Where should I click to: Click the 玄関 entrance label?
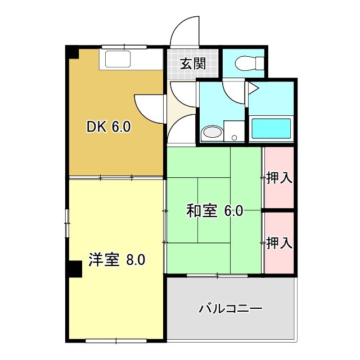point(192,64)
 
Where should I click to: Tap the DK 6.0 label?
point(109,127)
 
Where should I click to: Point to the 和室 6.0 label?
point(214,211)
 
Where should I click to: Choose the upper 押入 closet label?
point(279,178)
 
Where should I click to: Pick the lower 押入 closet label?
point(279,243)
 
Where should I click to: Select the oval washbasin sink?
point(211,133)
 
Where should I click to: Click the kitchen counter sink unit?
point(115,60)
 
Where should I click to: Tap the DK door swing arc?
point(147,106)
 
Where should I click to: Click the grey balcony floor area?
point(231,323)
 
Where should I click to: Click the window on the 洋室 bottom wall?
point(116,340)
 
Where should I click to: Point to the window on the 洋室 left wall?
point(67,223)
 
